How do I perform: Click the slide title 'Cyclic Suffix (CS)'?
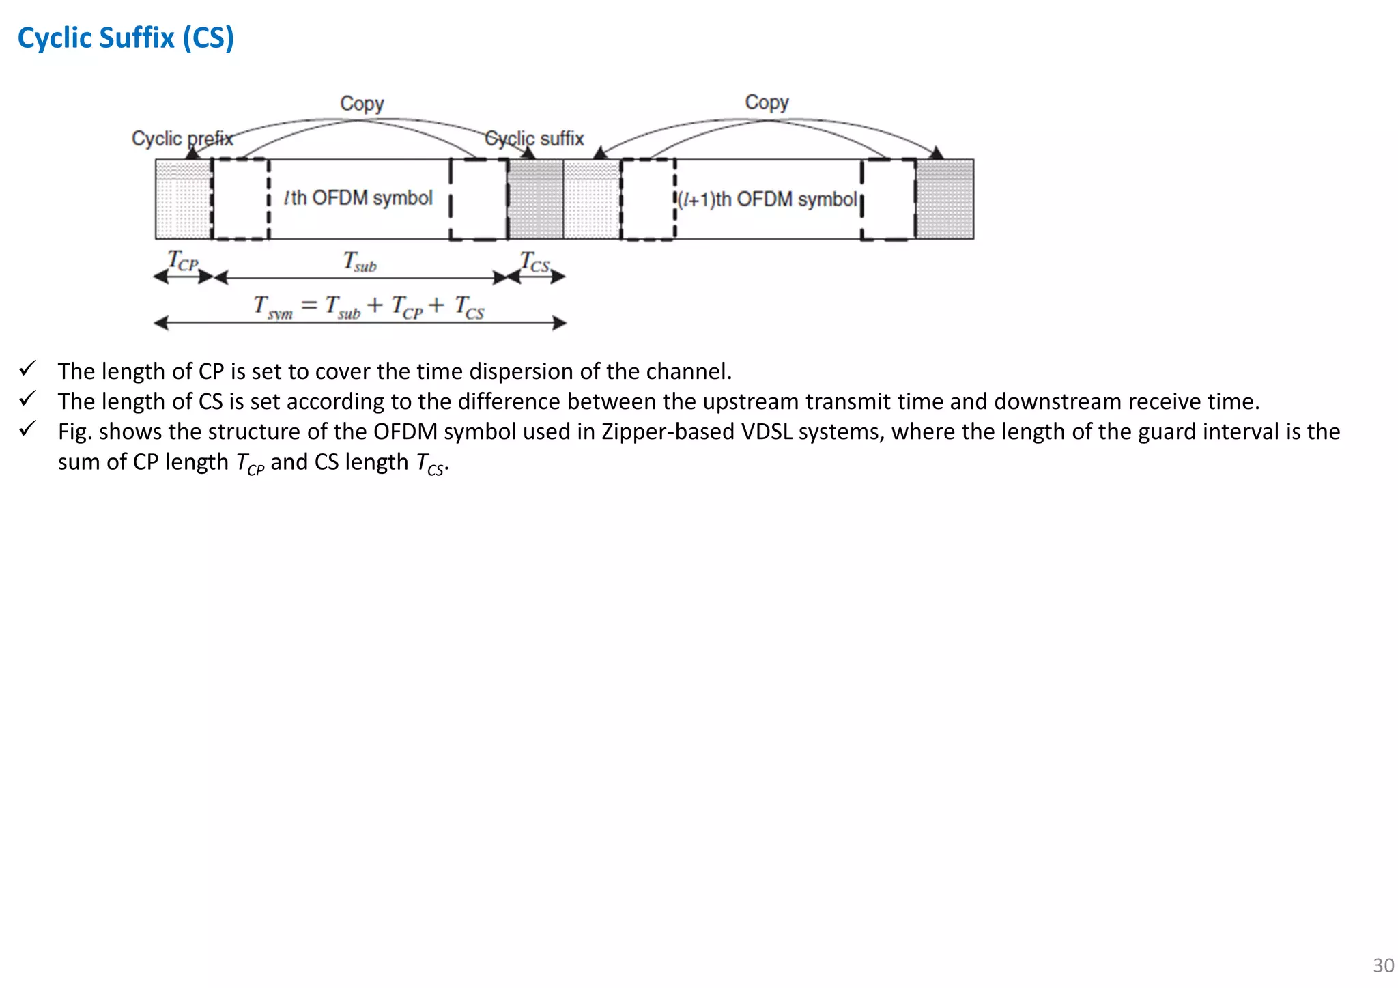pyautogui.click(x=126, y=38)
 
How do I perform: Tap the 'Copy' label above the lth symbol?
pyautogui.click(x=362, y=104)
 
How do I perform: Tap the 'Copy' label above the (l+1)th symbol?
pyautogui.click(x=767, y=102)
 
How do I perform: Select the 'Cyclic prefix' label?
pyautogui.click(x=182, y=139)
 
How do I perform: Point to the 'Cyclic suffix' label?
pyautogui.click(x=534, y=139)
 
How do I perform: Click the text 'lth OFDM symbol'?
pyautogui.click(x=358, y=198)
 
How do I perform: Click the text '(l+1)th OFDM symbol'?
pyautogui.click(x=767, y=199)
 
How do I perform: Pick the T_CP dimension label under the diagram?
pyautogui.click(x=182, y=261)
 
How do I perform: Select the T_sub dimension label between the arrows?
pyautogui.click(x=360, y=262)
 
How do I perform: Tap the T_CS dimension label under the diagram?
pyautogui.click(x=534, y=262)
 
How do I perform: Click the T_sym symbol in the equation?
pyautogui.click(x=272, y=307)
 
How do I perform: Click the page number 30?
pyautogui.click(x=1383, y=965)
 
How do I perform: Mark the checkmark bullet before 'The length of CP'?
pyautogui.click(x=27, y=369)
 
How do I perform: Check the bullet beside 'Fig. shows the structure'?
pyautogui.click(x=27, y=429)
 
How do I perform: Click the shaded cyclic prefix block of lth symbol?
pyautogui.click(x=183, y=199)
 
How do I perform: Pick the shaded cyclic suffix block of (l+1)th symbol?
pyautogui.click(x=945, y=199)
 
